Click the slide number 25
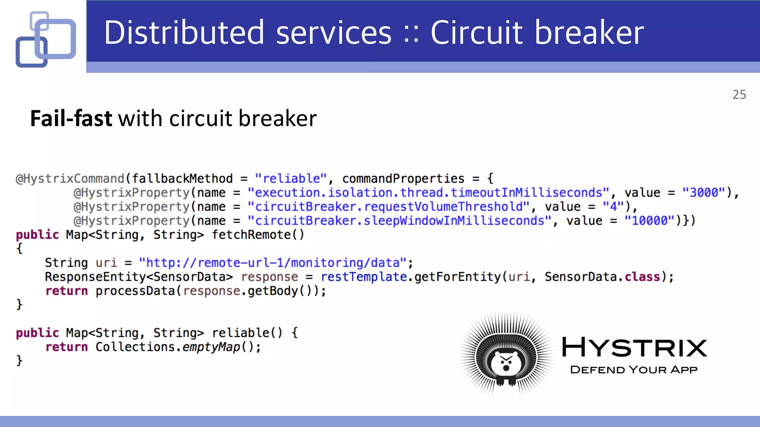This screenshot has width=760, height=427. [739, 95]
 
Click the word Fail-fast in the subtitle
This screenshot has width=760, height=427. [71, 119]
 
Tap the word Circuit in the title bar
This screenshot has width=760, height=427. [476, 33]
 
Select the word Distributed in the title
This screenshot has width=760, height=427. [184, 33]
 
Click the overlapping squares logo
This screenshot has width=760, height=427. [46, 39]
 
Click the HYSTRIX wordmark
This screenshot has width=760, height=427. [634, 347]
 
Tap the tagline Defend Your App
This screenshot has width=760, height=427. [633, 370]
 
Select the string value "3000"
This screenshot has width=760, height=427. [704, 193]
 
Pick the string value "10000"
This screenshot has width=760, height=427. [649, 221]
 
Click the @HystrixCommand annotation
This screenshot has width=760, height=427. [70, 179]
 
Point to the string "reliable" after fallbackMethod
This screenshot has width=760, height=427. [291, 179]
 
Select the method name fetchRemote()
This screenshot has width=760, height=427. [258, 235]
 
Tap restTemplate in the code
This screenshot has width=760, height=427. [364, 277]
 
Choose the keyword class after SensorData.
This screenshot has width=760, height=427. [642, 277]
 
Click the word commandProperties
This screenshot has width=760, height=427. [403, 179]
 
